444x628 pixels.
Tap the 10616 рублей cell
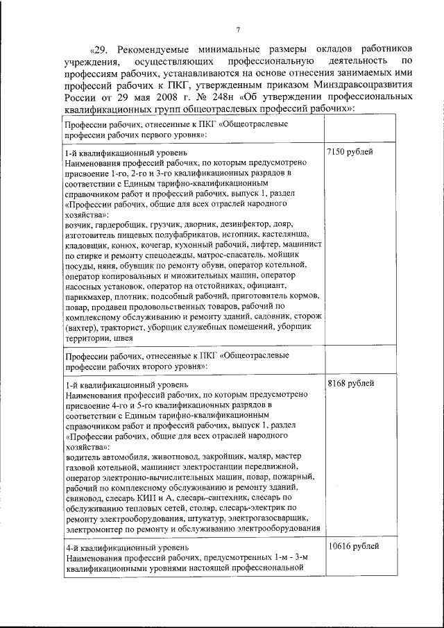click(x=354, y=546)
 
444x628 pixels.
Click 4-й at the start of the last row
click(x=72, y=546)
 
